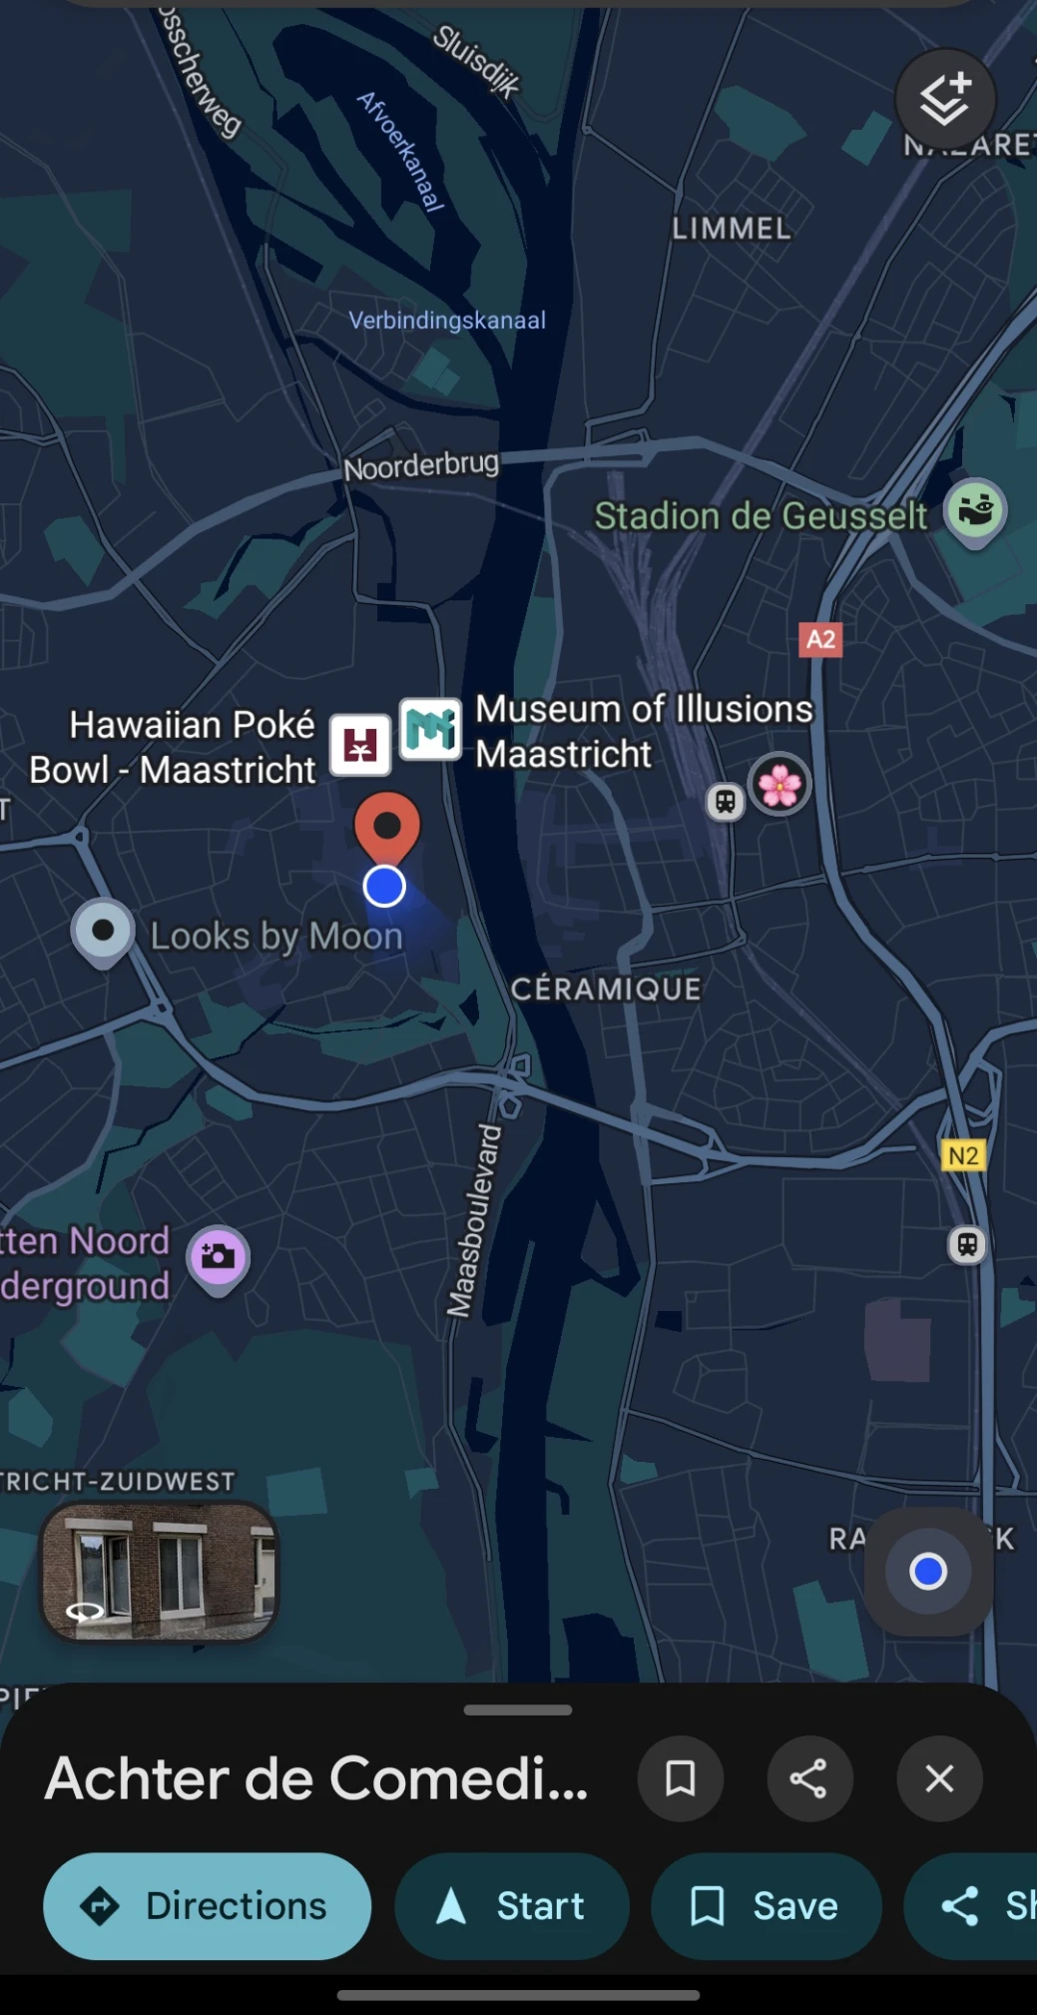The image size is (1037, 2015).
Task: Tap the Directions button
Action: (x=208, y=1905)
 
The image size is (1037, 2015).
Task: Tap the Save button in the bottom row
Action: (x=767, y=1905)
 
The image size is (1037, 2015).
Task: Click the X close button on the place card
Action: (x=939, y=1778)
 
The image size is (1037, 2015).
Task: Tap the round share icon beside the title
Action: (x=808, y=1778)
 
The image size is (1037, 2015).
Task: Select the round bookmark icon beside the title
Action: (x=681, y=1778)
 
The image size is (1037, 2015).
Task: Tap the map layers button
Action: (x=945, y=99)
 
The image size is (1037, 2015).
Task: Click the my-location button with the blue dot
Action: (x=928, y=1572)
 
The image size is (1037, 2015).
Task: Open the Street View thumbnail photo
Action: (x=159, y=1572)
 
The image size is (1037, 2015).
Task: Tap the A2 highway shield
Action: (x=820, y=639)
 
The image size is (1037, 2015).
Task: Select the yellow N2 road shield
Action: (x=963, y=1155)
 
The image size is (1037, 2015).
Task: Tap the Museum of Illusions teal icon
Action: (x=431, y=729)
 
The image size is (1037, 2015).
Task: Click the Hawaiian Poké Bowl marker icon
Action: (x=360, y=744)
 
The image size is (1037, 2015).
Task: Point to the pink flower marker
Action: (x=780, y=785)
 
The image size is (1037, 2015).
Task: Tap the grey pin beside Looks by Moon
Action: (x=103, y=932)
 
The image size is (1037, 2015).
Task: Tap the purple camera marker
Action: (x=219, y=1257)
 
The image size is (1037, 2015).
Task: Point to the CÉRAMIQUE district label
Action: (x=606, y=989)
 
